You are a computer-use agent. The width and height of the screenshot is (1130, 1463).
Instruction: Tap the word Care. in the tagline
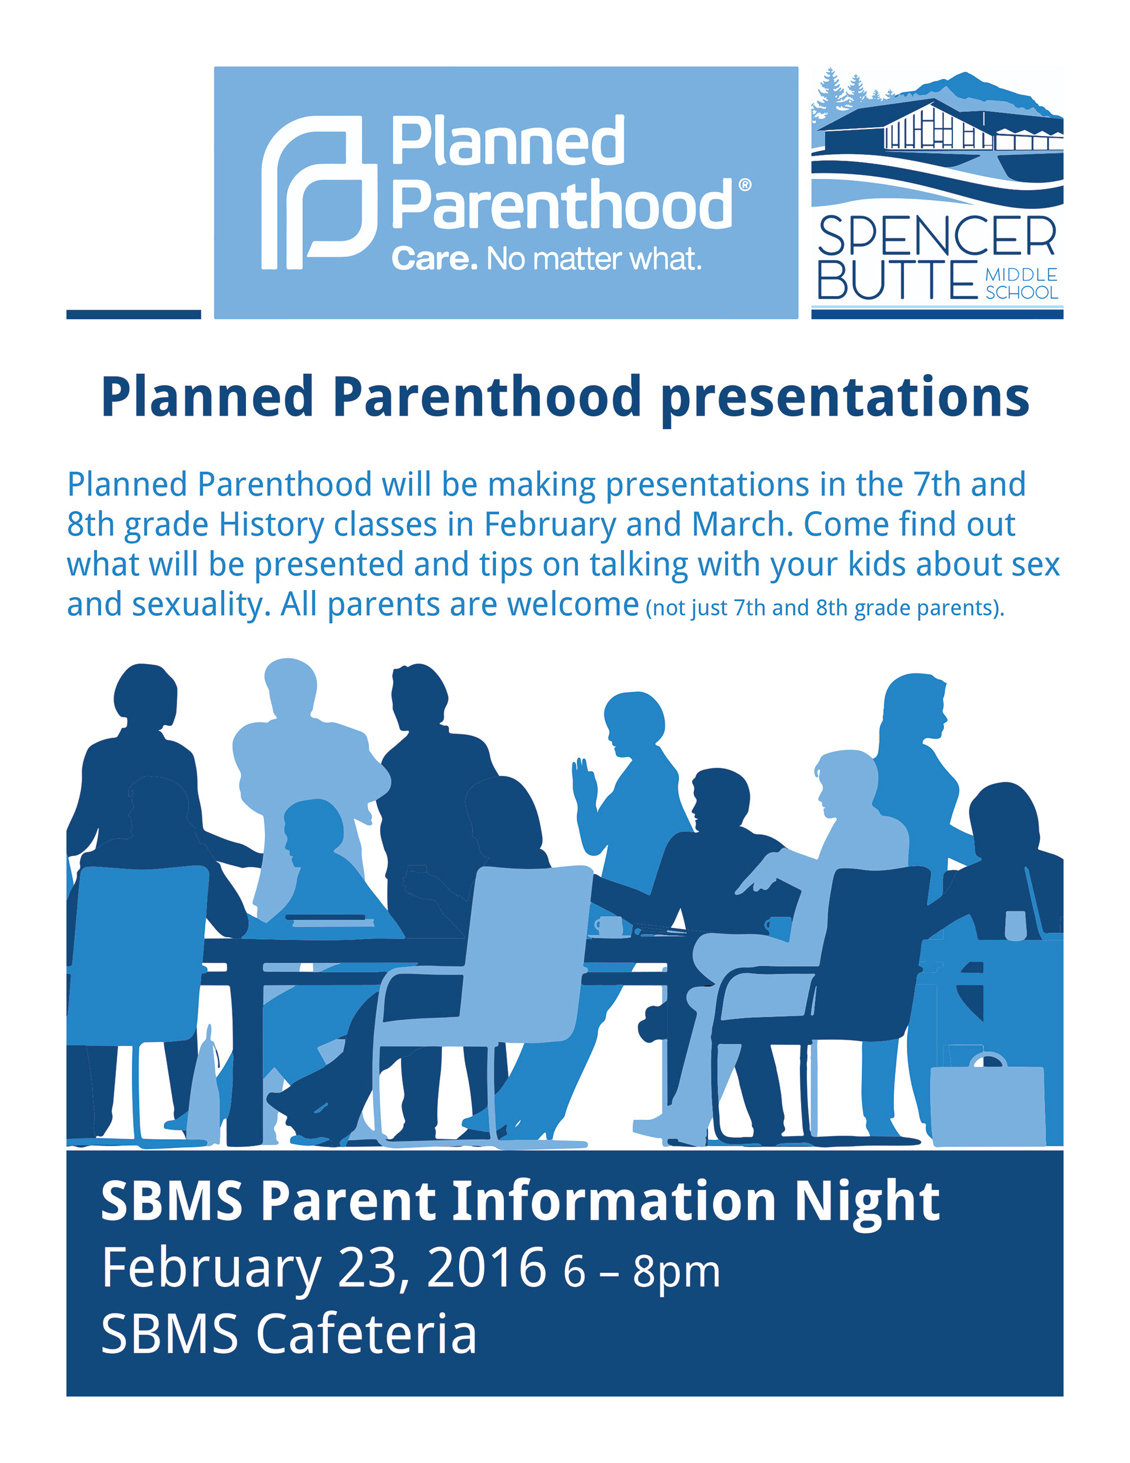point(434,258)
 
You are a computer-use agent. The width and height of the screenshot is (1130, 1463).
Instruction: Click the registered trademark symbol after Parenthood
point(743,184)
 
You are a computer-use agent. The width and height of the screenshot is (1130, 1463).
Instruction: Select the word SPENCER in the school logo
point(936,236)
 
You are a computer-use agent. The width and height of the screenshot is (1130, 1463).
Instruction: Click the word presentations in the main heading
point(845,399)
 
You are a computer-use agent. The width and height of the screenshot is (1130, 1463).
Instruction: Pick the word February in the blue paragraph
point(550,525)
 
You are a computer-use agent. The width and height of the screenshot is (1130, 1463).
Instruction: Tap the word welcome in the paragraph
point(573,604)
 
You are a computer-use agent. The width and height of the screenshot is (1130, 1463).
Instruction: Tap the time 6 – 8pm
point(642,1272)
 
